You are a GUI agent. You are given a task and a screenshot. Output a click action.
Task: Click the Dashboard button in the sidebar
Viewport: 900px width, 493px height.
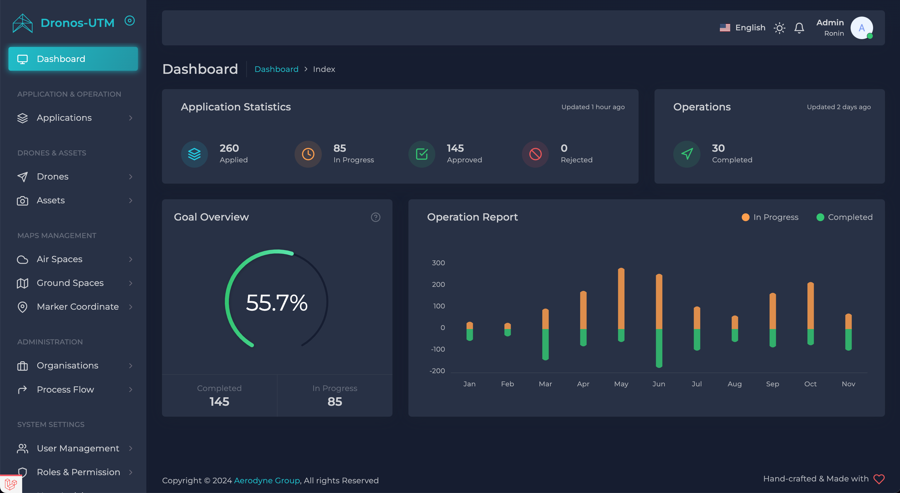(73, 59)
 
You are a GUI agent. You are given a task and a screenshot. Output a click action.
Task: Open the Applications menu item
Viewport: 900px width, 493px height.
(64, 118)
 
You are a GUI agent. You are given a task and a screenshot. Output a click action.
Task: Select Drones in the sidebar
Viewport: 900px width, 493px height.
(53, 176)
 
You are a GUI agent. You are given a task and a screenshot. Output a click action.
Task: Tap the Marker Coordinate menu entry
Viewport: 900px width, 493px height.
(78, 307)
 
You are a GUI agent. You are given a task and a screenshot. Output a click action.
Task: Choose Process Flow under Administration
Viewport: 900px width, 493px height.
(65, 389)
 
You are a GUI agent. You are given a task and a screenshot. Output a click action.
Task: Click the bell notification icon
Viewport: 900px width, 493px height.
(799, 28)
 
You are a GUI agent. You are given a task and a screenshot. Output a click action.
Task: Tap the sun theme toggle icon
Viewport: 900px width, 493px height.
(780, 28)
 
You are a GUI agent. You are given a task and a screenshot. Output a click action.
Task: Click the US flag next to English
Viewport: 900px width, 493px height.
(725, 28)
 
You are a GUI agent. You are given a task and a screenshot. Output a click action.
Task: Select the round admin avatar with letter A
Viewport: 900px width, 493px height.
(862, 28)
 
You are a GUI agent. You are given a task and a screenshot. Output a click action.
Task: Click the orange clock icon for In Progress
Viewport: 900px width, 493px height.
(308, 154)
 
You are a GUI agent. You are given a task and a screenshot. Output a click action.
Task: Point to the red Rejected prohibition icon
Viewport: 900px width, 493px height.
(535, 154)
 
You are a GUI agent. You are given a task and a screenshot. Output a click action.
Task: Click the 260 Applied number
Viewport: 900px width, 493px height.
(229, 148)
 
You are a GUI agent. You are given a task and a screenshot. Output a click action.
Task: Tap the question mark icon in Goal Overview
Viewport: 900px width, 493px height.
(376, 217)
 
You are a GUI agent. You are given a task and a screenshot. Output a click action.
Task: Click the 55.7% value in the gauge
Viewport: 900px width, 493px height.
(277, 302)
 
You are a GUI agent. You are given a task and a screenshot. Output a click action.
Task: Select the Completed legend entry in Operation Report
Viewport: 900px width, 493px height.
(844, 217)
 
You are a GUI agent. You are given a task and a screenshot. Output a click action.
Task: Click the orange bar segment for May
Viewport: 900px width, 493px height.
(621, 299)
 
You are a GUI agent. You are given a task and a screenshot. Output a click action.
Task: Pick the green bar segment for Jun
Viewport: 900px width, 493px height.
(659, 348)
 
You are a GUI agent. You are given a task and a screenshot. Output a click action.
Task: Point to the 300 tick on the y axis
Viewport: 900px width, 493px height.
(438, 263)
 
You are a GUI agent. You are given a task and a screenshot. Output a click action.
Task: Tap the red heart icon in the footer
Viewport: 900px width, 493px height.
(879, 479)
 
